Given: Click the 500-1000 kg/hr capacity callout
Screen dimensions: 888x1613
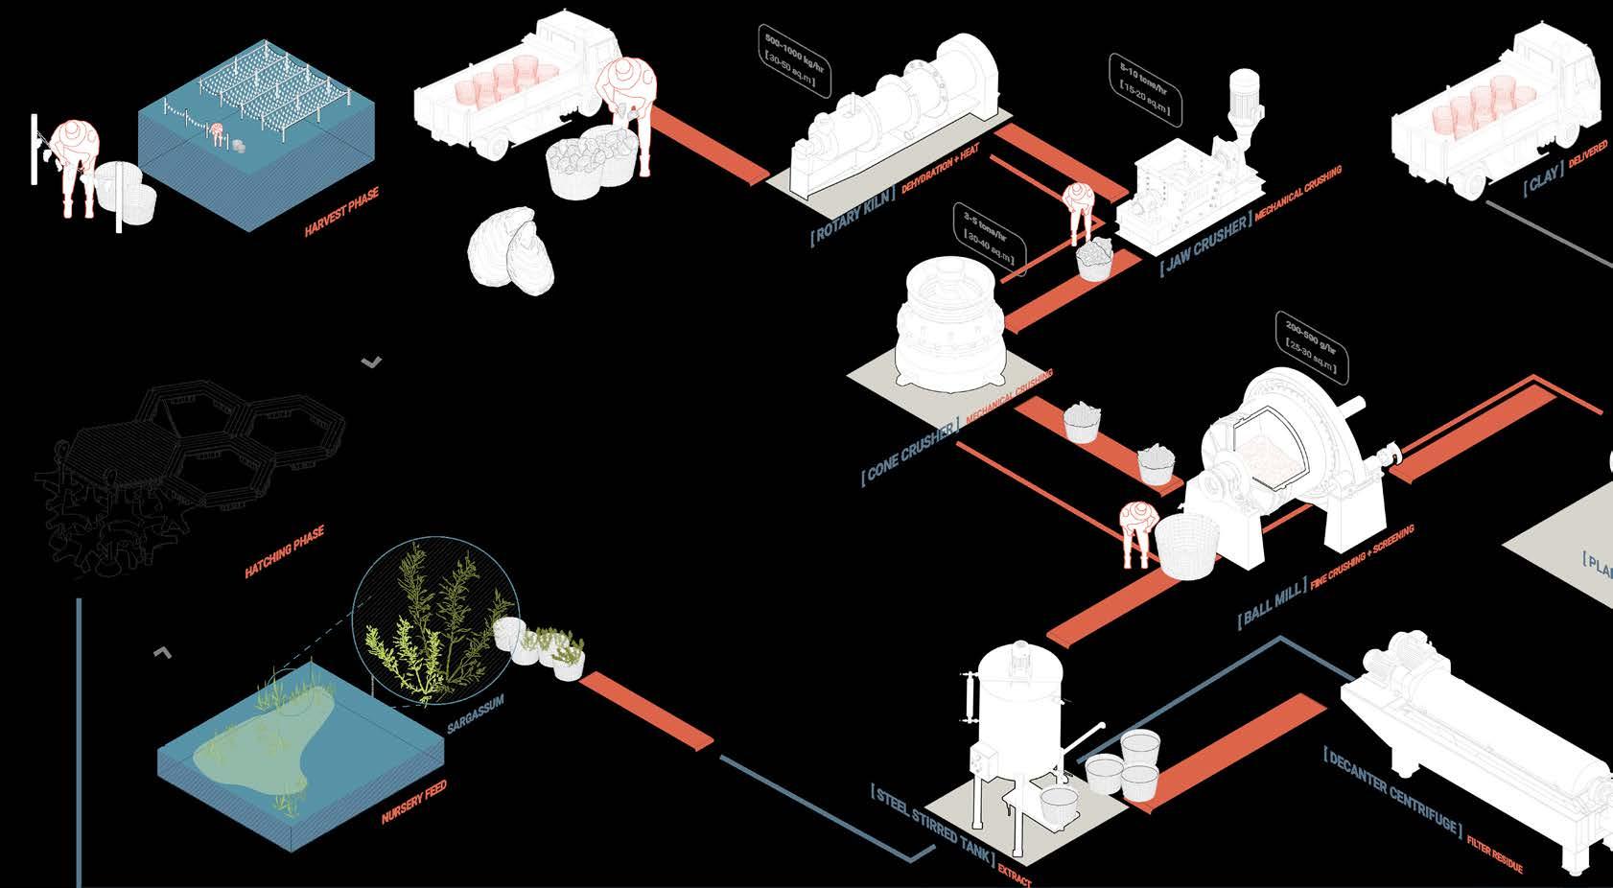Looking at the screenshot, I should click(x=792, y=59).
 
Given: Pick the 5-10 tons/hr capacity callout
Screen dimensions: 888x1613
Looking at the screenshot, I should click(x=1145, y=90).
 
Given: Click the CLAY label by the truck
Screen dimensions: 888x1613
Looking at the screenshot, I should click(x=1545, y=178).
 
